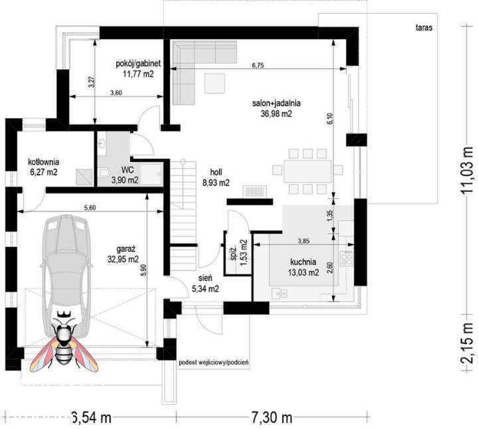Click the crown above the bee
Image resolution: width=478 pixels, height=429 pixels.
[64, 313]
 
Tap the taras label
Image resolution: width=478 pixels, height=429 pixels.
[424, 27]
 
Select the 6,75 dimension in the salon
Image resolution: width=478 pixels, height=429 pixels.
[258, 65]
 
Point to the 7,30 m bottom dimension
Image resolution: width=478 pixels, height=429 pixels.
[272, 417]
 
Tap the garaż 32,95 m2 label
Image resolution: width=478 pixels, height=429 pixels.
[123, 254]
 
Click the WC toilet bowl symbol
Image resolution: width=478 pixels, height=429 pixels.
[104, 172]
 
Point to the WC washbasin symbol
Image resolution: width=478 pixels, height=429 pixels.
[102, 143]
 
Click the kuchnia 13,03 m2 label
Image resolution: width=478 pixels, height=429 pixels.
[303, 267]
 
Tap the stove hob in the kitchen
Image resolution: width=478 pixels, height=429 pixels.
[347, 258]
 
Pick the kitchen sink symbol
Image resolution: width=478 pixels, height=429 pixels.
[280, 294]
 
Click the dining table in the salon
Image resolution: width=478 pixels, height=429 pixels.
[307, 171]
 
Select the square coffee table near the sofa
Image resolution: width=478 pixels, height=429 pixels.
[214, 83]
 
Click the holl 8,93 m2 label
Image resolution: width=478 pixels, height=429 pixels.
[216, 177]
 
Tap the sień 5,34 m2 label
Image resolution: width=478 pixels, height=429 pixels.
[205, 284]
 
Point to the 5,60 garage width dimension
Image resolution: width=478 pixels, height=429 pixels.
[90, 208]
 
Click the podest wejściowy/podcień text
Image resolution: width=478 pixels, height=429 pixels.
[214, 363]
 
